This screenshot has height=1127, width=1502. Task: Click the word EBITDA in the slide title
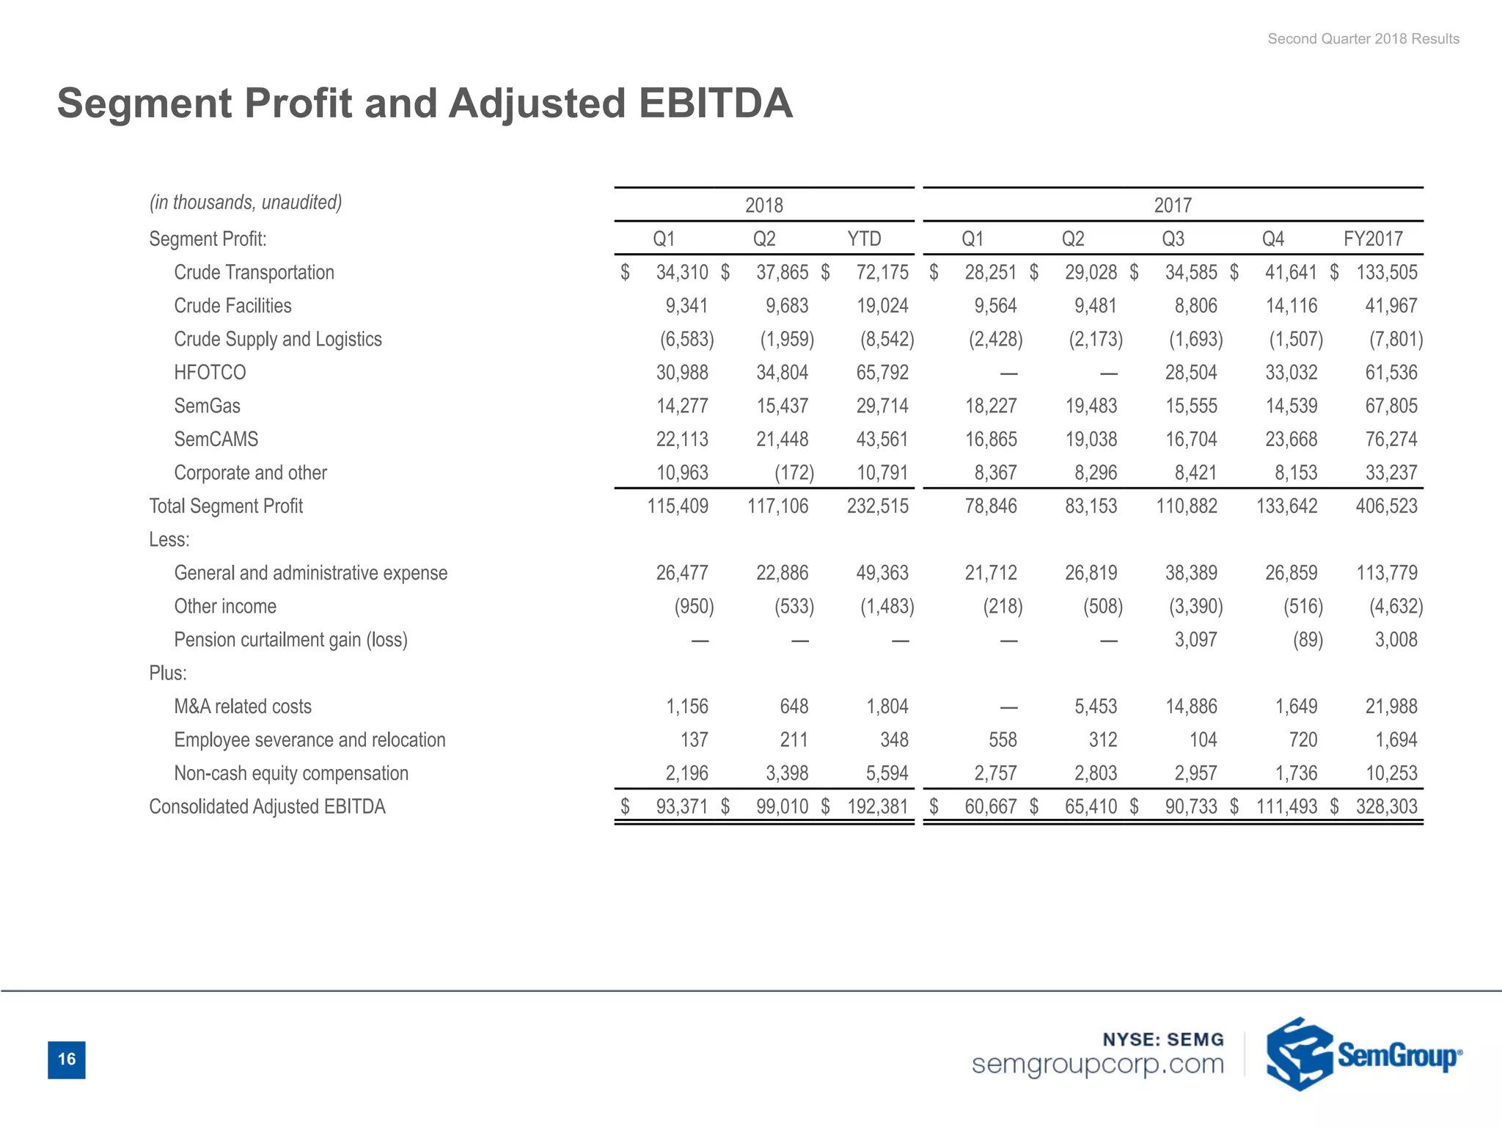pyautogui.click(x=715, y=103)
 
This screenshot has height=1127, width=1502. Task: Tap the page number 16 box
pyautogui.click(x=67, y=1059)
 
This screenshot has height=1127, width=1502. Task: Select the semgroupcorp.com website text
pyautogui.click(x=1097, y=1064)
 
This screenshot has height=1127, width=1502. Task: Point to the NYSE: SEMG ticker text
pyautogui.click(x=1163, y=1039)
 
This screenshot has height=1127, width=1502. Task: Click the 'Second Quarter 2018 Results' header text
pyautogui.click(x=1363, y=39)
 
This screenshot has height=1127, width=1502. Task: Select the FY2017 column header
pyautogui.click(x=1372, y=239)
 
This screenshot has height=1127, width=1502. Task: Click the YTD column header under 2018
pyautogui.click(x=864, y=239)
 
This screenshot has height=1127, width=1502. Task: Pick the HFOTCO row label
pyautogui.click(x=210, y=373)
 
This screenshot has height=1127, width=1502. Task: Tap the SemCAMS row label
pyautogui.click(x=216, y=440)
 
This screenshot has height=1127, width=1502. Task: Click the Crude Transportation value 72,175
pyautogui.click(x=882, y=273)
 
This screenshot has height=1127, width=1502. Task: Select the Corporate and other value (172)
pyautogui.click(x=794, y=473)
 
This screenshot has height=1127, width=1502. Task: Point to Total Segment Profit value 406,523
pyautogui.click(x=1386, y=506)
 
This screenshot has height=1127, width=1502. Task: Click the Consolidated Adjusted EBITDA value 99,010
pyautogui.click(x=782, y=807)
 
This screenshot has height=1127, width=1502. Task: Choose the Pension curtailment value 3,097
pyautogui.click(x=1195, y=640)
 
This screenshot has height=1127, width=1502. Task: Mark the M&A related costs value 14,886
pyautogui.click(x=1191, y=707)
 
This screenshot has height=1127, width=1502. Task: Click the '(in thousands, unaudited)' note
pyautogui.click(x=246, y=203)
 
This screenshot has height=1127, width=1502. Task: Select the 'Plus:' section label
pyautogui.click(x=167, y=673)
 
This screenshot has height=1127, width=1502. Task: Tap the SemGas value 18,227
pyautogui.click(x=990, y=406)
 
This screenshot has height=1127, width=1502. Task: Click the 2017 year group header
pyautogui.click(x=1172, y=205)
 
